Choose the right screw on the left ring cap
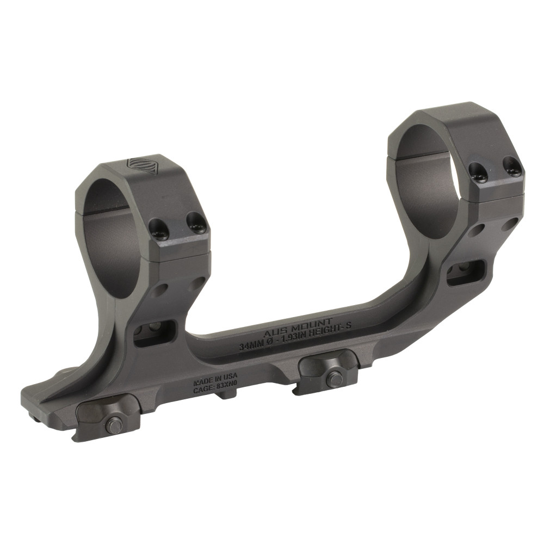click(196, 221)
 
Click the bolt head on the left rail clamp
click(114, 425)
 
